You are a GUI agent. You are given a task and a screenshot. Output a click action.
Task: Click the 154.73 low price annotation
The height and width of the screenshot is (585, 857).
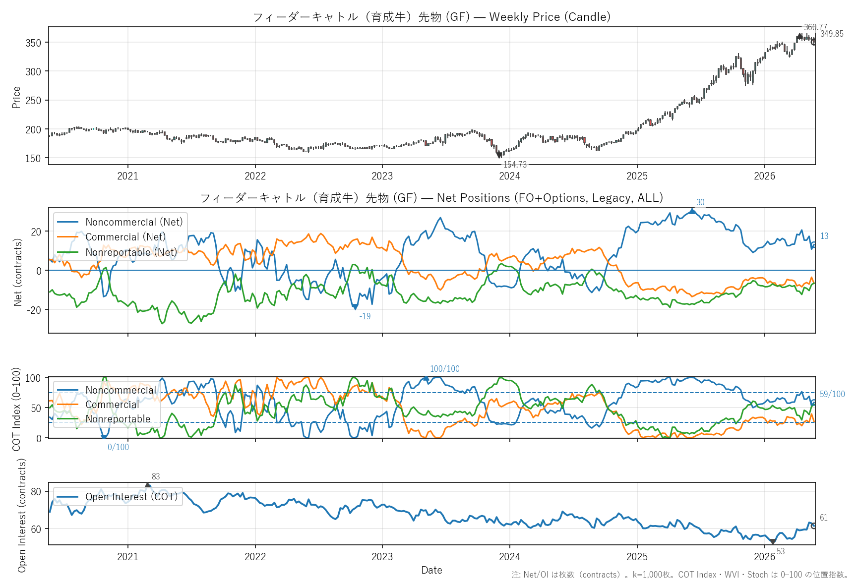(x=515, y=165)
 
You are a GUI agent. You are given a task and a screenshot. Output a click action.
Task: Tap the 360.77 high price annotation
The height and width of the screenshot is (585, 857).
(x=815, y=27)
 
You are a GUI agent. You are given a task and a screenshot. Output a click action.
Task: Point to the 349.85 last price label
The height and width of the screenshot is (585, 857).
(x=832, y=34)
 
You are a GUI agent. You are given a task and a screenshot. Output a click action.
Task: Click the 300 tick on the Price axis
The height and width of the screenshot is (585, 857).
(x=33, y=71)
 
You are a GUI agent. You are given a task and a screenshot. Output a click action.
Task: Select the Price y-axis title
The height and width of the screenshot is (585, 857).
(x=16, y=97)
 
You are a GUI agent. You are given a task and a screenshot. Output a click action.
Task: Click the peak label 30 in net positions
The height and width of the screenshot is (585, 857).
(x=700, y=202)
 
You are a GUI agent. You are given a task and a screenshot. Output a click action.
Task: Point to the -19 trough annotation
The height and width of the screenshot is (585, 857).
(x=365, y=316)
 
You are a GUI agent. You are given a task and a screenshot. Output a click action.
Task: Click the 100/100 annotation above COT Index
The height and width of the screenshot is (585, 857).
(x=445, y=369)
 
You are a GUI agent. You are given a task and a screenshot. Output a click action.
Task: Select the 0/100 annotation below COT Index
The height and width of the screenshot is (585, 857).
(x=118, y=447)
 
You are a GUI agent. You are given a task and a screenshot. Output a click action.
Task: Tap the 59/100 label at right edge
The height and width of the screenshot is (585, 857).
(x=832, y=394)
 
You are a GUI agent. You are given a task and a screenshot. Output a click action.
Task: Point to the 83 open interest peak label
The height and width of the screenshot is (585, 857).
(x=156, y=476)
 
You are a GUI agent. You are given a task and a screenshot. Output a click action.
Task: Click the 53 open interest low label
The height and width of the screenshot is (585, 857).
(x=781, y=551)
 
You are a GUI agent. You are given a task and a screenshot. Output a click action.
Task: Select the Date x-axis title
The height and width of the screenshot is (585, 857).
(x=431, y=570)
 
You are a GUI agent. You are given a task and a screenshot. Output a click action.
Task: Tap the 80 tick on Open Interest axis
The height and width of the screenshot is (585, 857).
(x=36, y=492)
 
